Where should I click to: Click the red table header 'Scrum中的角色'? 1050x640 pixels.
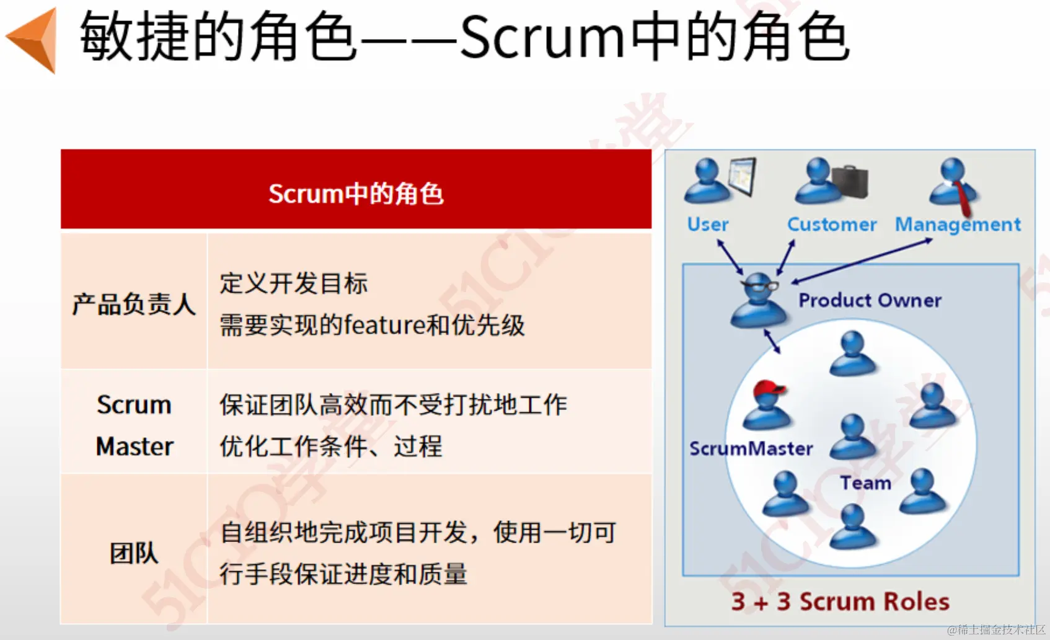356,193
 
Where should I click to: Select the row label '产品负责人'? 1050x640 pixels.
134,304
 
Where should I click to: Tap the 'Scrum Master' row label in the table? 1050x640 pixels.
135,425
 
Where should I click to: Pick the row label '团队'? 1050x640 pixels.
134,553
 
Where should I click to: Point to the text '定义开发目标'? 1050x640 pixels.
294,283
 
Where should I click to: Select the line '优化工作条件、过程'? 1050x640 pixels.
331,446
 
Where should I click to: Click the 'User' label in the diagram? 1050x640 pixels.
708,224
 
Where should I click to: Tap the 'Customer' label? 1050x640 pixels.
832,224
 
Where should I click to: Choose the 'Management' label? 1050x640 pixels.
958,224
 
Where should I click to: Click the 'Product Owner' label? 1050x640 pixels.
870,300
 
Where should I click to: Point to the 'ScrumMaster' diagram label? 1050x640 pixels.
751,449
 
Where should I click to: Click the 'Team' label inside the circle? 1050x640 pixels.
866,483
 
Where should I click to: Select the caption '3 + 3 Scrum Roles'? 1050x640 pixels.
840,601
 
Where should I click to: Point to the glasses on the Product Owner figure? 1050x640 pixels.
759,285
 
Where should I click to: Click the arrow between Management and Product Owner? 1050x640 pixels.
862,261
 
